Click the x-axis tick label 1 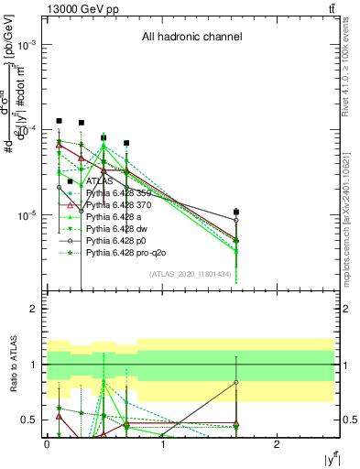pos(162,443)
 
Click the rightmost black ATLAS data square pos(236,212)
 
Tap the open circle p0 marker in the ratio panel pos(236,383)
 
